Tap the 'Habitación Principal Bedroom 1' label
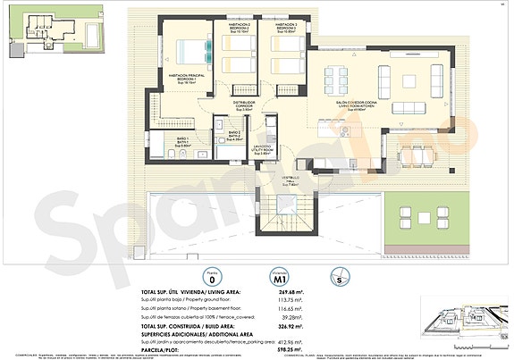coord(183,78)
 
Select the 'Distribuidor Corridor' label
coord(245,105)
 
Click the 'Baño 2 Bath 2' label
coord(233,135)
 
